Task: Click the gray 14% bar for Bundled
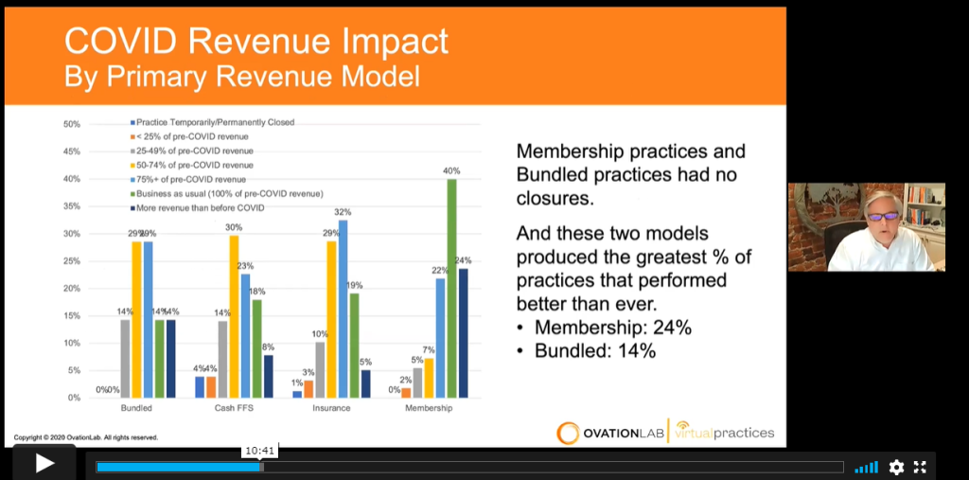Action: (x=125, y=360)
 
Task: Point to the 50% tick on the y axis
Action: (x=71, y=124)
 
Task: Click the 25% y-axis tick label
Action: (x=71, y=261)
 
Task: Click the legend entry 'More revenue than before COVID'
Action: (x=203, y=206)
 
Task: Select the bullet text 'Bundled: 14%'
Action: (x=595, y=350)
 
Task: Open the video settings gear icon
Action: (x=896, y=467)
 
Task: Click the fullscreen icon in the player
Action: (x=920, y=467)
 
